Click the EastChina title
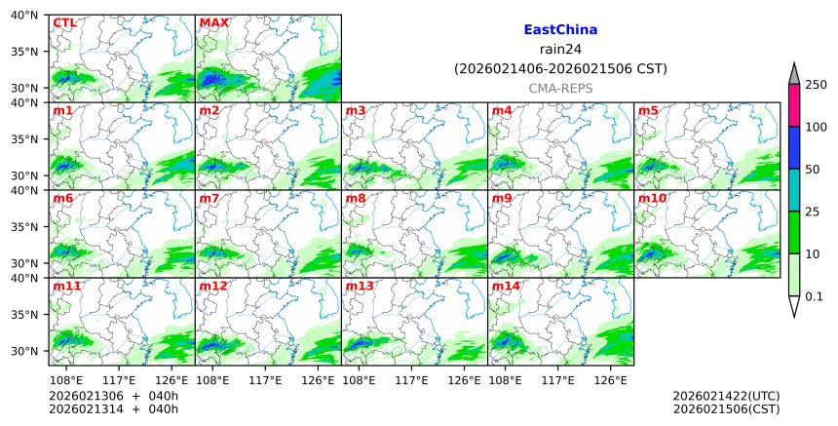tap(560, 30)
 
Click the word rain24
tap(560, 50)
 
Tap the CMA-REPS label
tap(560, 89)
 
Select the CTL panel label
tap(64, 22)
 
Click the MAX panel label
tap(212, 22)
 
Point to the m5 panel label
tap(648, 110)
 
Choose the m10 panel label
tap(652, 199)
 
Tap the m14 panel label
tap(506, 287)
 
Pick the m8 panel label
tap(356, 199)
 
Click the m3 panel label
tap(356, 110)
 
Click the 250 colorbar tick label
tap(816, 85)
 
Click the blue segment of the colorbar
tap(793, 147)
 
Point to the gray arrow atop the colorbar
tap(793, 74)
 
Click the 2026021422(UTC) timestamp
tap(726, 396)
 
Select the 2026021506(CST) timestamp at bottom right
tap(726, 409)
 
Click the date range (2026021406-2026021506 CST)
tap(560, 69)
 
